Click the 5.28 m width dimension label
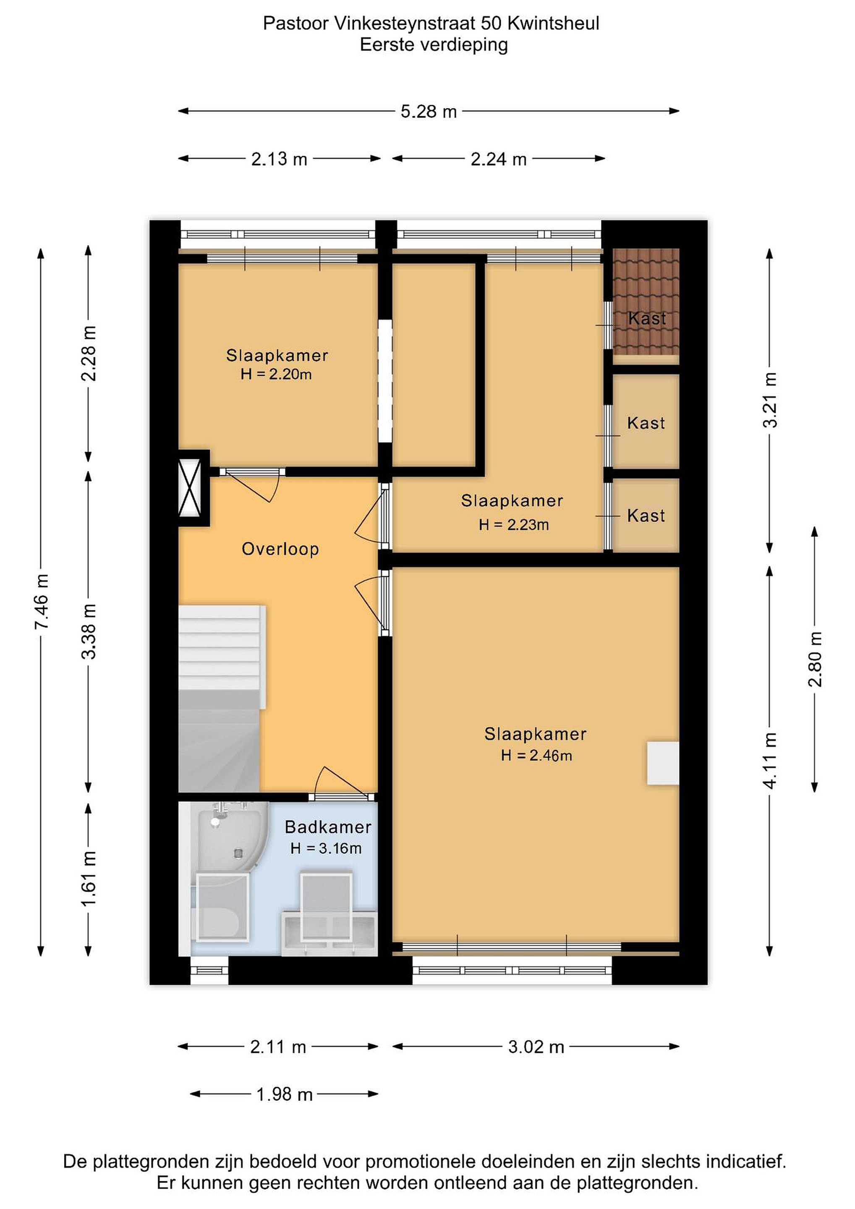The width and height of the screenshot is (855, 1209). pos(429,112)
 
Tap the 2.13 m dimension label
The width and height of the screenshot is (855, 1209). pos(279,159)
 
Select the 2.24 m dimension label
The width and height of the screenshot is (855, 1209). pos(499,159)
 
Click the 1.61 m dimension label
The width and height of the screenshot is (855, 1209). pos(89,878)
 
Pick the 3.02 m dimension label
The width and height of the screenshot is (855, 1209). pos(536,1047)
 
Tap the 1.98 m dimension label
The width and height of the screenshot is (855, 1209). pos(284,1094)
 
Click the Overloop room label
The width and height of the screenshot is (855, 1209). pos(280,549)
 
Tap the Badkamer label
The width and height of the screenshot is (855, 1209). pos(328,827)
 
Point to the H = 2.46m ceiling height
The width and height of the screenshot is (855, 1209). pos(536,756)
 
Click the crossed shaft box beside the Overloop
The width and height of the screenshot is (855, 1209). pos(190,488)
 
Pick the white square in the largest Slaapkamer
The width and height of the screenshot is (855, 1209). pos(663,764)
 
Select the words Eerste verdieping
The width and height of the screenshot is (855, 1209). pos(434,45)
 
